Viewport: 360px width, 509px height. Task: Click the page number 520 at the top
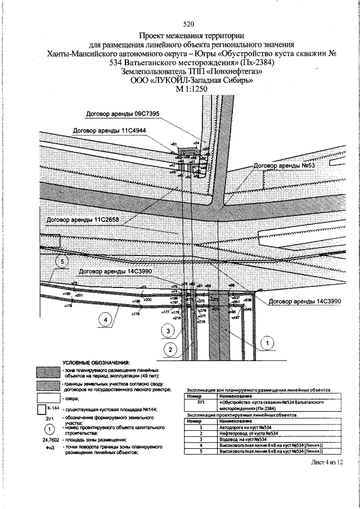[x=188, y=24]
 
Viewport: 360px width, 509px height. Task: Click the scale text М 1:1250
[x=188, y=89]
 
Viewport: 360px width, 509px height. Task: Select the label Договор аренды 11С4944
[x=110, y=130]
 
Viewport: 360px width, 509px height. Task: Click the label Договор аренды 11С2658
[x=83, y=220]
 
